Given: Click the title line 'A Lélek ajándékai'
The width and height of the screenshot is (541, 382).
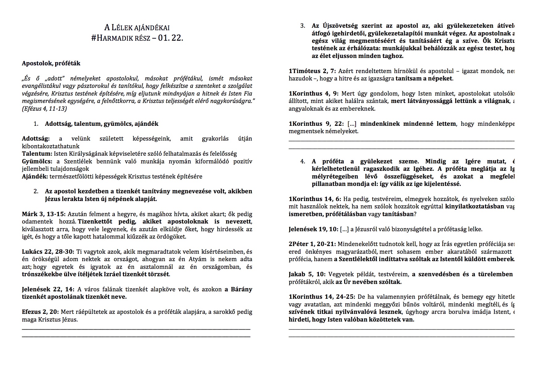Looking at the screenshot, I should [x=137, y=28].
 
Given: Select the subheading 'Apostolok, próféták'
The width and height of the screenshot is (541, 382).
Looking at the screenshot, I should [x=51, y=63].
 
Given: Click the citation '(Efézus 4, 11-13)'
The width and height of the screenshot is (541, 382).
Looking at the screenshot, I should [x=44, y=109].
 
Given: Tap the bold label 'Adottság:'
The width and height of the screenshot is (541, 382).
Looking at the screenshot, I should [x=36, y=138].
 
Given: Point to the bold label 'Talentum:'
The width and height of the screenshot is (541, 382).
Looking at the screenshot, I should [x=37, y=154].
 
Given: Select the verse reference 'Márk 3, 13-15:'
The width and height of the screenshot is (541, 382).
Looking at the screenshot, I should [x=43, y=214].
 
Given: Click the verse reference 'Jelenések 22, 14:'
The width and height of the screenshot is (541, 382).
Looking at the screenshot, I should [x=48, y=289].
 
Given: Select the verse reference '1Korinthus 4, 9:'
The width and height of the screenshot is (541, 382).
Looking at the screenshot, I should [x=313, y=93].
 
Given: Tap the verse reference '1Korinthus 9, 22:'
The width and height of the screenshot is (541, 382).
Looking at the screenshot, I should [x=316, y=124].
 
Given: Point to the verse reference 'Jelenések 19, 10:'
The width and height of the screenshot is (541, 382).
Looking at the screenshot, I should [x=313, y=229].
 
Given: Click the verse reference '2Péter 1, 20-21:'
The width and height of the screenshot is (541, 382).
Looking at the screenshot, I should [x=312, y=244].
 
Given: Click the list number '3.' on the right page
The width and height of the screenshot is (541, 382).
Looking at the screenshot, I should [x=303, y=26].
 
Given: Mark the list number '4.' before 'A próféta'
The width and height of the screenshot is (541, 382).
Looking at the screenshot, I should [x=303, y=161].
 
